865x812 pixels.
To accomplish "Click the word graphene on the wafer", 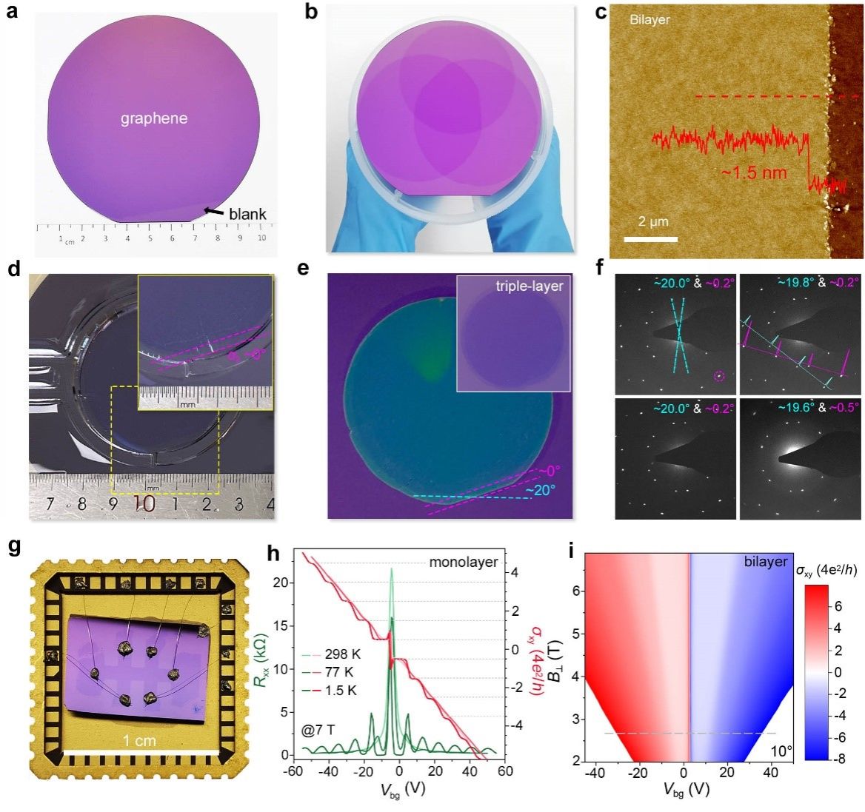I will pos(154,118).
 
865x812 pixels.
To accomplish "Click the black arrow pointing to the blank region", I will pos(215,212).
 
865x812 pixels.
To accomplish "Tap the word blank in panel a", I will pos(247,215).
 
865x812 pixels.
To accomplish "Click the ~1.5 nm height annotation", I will pos(754,174).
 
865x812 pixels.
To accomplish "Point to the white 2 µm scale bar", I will pos(650,239).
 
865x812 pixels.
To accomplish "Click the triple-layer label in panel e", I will pos(529,285).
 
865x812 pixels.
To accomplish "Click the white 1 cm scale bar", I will pos(141,752).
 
